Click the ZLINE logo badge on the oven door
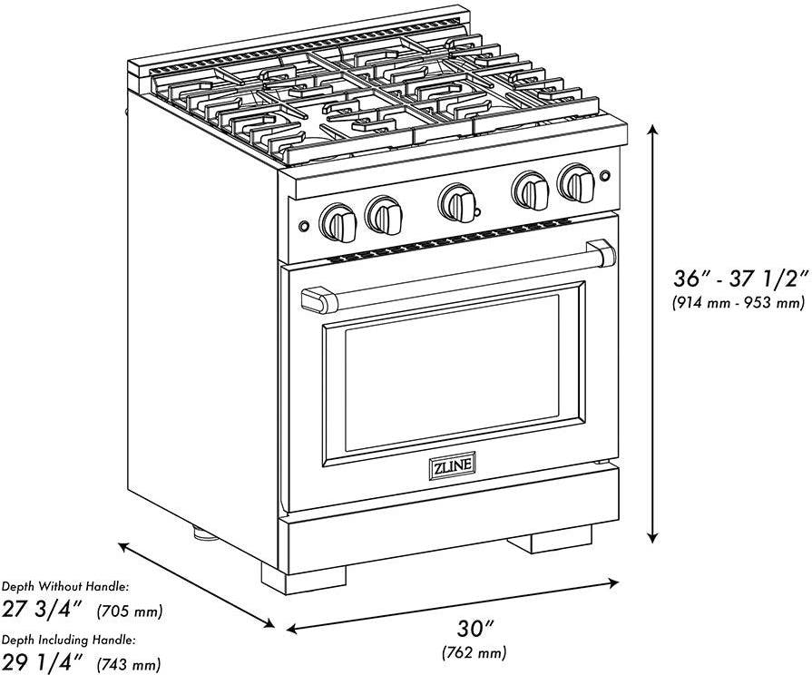tap(452, 466)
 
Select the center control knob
tap(457, 202)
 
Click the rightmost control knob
tap(576, 182)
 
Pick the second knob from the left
tap(384, 214)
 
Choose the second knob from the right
tap(530, 191)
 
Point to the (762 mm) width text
tap(474, 652)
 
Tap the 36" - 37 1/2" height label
tap(740, 279)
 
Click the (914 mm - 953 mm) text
tap(739, 301)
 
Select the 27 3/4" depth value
tap(43, 609)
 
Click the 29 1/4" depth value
tap(43, 661)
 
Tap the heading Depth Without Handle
tap(65, 587)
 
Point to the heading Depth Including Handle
tap(69, 641)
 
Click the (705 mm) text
tap(130, 611)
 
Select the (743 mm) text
tap(129, 663)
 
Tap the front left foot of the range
tap(303, 579)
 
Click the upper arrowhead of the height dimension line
tap(653, 131)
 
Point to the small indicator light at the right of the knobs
tap(604, 176)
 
